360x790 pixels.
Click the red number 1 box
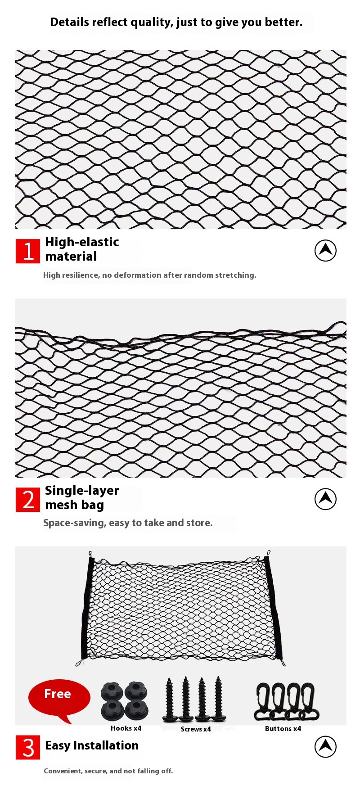[x=28, y=251]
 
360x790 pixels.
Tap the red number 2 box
[x=28, y=500]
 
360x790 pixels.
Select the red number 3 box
[x=28, y=747]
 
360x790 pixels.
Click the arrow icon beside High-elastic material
[x=325, y=250]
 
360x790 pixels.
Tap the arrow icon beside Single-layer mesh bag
[x=325, y=499]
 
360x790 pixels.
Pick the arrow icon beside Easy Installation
[x=325, y=746]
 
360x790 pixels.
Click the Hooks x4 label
[x=126, y=728]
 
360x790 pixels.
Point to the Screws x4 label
[x=196, y=729]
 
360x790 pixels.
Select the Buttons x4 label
[x=283, y=729]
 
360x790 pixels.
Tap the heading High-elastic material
[x=82, y=249]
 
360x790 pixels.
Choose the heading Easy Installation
[x=92, y=745]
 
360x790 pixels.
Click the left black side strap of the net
[x=87, y=608]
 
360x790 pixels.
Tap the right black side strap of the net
[x=274, y=608]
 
